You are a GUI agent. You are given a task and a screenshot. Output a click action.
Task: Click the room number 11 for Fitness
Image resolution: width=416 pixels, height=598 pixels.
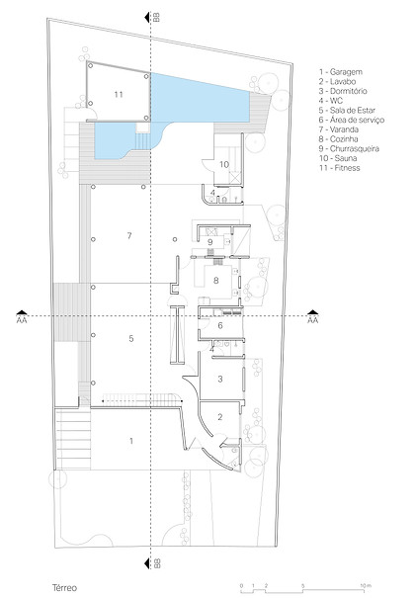pos(119,94)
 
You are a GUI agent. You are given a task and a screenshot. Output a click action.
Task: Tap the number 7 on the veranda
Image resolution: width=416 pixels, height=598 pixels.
pos(129,235)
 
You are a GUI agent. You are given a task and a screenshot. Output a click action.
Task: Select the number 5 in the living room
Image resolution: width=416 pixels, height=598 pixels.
pos(131,338)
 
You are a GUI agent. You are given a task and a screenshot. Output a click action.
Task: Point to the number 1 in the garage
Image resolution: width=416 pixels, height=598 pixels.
pos(131,441)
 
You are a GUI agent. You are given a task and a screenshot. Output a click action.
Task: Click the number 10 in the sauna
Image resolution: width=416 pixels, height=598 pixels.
pos(224,164)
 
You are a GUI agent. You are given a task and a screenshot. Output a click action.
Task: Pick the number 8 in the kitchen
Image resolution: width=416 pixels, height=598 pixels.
pos(215,281)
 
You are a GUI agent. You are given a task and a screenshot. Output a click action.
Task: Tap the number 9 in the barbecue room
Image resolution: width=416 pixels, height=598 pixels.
pos(210,242)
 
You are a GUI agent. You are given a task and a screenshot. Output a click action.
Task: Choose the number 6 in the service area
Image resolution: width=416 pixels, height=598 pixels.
pos(220,325)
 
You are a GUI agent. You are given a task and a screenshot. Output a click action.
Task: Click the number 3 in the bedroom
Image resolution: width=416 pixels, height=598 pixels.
pos(220,379)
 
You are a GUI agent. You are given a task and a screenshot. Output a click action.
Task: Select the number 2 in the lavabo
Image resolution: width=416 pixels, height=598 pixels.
pos(220,417)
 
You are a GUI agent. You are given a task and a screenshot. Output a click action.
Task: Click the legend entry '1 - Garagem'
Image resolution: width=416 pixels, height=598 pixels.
pos(341,72)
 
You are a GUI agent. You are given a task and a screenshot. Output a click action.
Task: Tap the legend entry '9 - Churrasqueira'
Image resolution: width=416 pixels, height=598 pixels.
pos(349,148)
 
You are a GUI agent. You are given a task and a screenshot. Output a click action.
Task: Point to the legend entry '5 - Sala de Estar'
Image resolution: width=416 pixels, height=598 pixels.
pos(347,111)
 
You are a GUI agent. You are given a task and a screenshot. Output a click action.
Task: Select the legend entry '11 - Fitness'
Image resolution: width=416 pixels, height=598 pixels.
pos(339,168)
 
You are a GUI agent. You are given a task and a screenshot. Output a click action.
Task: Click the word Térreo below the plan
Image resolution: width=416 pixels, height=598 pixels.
pos(64,588)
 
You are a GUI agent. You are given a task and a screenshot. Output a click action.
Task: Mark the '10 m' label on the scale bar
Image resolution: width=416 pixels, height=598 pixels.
pos(366,585)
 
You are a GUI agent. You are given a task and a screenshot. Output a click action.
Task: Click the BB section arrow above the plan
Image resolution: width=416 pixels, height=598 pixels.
pos(147,17)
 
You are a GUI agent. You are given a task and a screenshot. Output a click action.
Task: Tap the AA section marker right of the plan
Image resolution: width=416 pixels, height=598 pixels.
pos(312,312)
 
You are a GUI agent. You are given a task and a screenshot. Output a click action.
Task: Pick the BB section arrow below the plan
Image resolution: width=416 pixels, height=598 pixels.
pos(147,563)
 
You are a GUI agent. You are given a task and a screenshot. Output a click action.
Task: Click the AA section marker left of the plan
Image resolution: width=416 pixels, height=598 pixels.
pos(22,312)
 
